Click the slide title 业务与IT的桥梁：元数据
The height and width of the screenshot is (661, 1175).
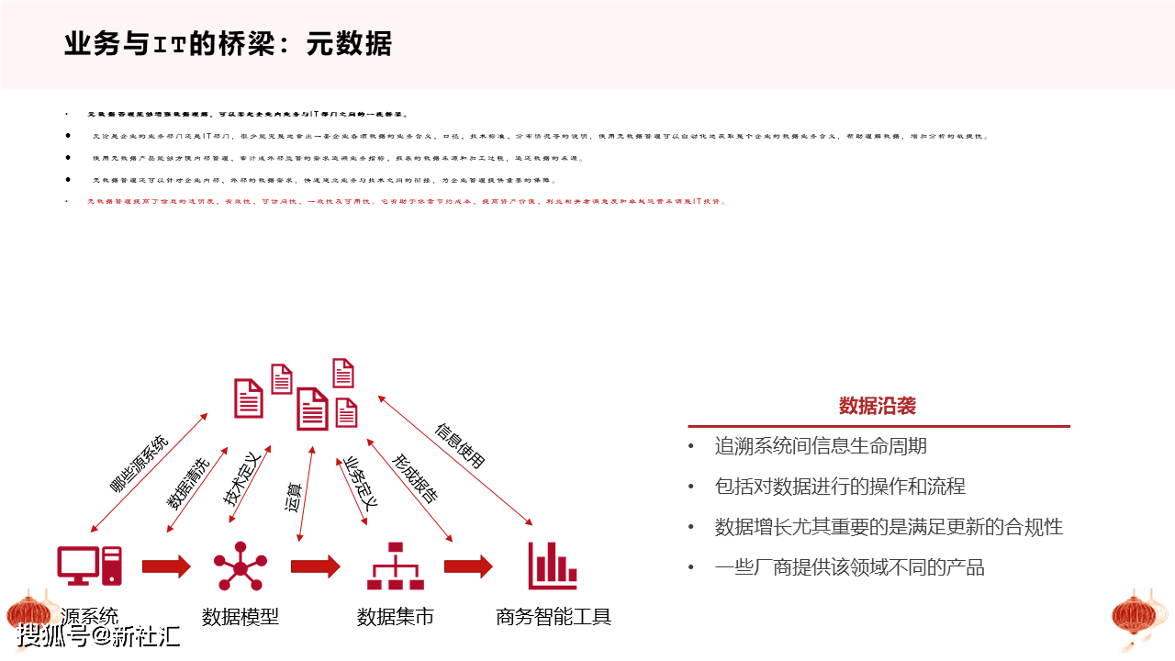point(228,43)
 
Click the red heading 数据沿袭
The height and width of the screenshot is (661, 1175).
point(877,406)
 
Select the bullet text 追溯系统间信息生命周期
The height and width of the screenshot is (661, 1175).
point(821,446)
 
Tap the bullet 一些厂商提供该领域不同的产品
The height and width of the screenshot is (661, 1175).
point(849,567)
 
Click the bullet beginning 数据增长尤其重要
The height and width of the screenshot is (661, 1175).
point(889,527)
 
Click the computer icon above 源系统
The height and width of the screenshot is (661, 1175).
point(89,566)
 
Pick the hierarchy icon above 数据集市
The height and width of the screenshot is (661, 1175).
point(396,566)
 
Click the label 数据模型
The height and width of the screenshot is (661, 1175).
point(241,617)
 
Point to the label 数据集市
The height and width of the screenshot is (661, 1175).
point(395,617)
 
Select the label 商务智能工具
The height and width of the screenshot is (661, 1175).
point(554,617)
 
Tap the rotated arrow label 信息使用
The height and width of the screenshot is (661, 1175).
point(460,446)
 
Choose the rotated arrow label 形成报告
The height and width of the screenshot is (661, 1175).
point(415,478)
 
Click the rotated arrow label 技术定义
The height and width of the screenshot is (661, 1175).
point(244,478)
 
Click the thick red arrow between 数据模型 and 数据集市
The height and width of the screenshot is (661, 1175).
point(315,566)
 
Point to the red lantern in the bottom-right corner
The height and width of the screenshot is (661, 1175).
point(1137,617)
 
